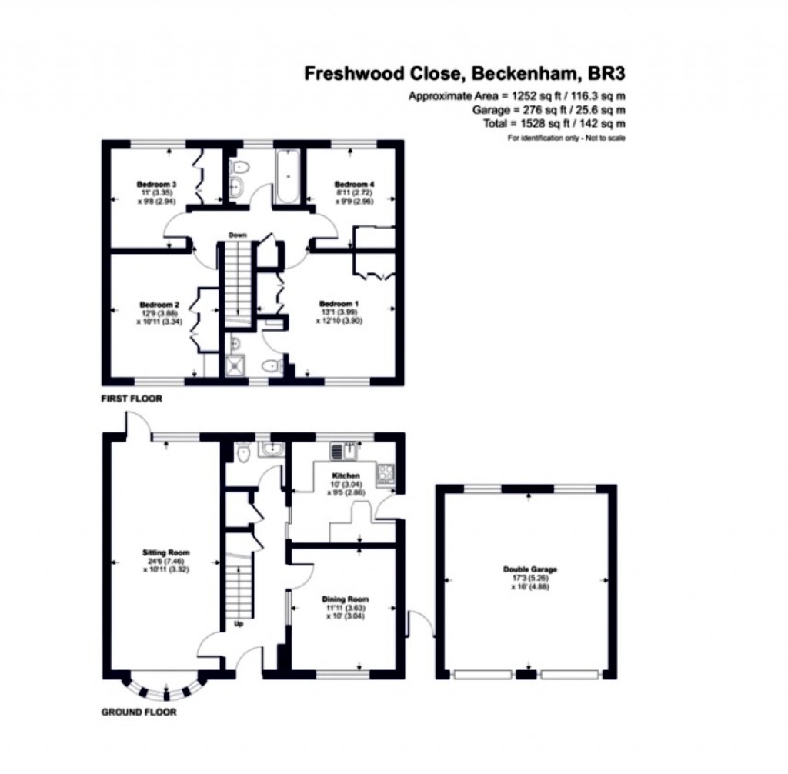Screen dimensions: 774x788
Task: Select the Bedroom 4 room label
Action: pyautogui.click(x=354, y=184)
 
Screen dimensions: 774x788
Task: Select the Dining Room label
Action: pyautogui.click(x=346, y=599)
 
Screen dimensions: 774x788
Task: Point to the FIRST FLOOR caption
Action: pyautogui.click(x=131, y=400)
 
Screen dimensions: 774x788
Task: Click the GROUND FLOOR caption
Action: pyautogui.click(x=139, y=712)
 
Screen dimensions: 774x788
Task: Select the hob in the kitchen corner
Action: pyautogui.click(x=384, y=474)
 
